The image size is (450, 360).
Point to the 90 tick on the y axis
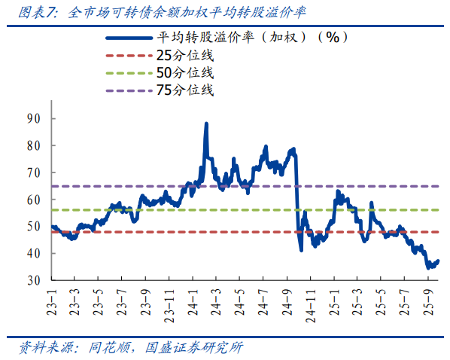pyautogui.click(x=33, y=118)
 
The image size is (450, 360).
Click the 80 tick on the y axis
pyautogui.click(x=33, y=145)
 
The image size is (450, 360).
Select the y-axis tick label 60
pyautogui.click(x=33, y=200)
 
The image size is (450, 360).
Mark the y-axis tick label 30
pyautogui.click(x=33, y=280)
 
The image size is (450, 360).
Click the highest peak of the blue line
pyautogui.click(x=206, y=124)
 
